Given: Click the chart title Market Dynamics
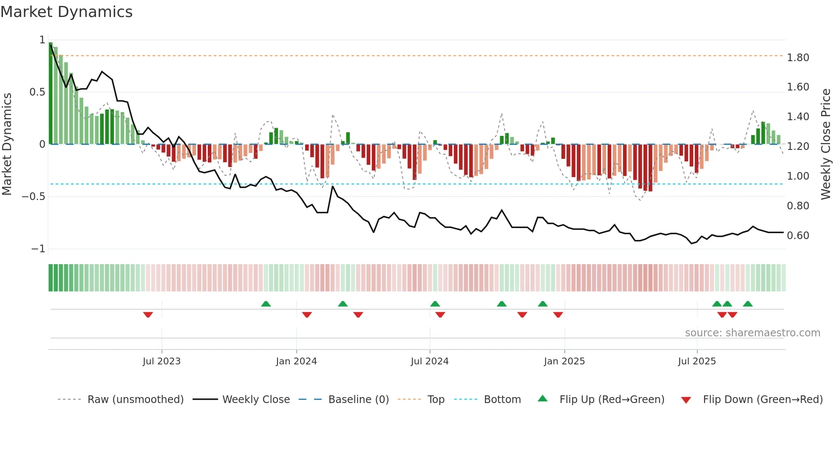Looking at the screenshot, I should coord(66,12).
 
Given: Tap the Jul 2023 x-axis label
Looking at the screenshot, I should coord(161,361).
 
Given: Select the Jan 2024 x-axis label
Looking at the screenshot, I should coord(296,361).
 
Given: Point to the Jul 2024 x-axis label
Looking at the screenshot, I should coord(429,361).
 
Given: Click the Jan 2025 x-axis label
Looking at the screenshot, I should coord(564,361).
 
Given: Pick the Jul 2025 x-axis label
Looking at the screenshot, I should coord(697,361).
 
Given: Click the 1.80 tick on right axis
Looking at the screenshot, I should coord(798,58).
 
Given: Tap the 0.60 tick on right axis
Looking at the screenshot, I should coord(798,236).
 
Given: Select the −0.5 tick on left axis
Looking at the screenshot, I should coord(33,197).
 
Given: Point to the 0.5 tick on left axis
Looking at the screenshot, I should coord(37,92).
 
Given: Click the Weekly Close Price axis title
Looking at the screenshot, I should coord(825,144).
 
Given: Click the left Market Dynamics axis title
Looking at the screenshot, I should coord(7,144).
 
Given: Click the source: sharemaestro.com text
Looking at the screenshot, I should coord(752,333).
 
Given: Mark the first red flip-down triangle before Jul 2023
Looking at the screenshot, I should coord(148,315).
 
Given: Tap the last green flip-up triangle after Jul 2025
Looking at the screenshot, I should coord(748,304).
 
